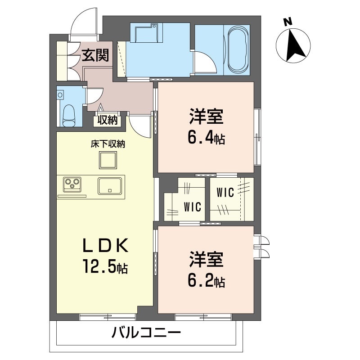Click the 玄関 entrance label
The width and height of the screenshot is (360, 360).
tap(95, 55)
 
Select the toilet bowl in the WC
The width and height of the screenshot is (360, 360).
tap(69, 116)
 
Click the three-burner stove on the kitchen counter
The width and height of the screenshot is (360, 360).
tap(72, 184)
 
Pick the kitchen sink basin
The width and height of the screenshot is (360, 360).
tap(110, 186)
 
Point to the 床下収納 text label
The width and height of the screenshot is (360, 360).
tap(108, 144)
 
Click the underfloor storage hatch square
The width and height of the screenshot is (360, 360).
tap(108, 160)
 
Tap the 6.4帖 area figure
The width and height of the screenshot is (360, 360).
tap(206, 138)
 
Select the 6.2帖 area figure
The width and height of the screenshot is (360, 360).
tap(206, 282)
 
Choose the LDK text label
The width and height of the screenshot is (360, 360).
tap(105, 246)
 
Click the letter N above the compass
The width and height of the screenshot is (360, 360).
tap(288, 22)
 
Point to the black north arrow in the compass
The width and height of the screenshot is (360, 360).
tap(295, 45)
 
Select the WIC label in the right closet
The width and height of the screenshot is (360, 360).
tap(225, 193)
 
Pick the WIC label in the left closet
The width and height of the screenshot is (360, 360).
tap(193, 207)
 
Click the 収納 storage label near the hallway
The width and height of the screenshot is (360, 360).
tap(108, 120)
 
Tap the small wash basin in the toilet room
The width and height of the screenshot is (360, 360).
tap(60, 94)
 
